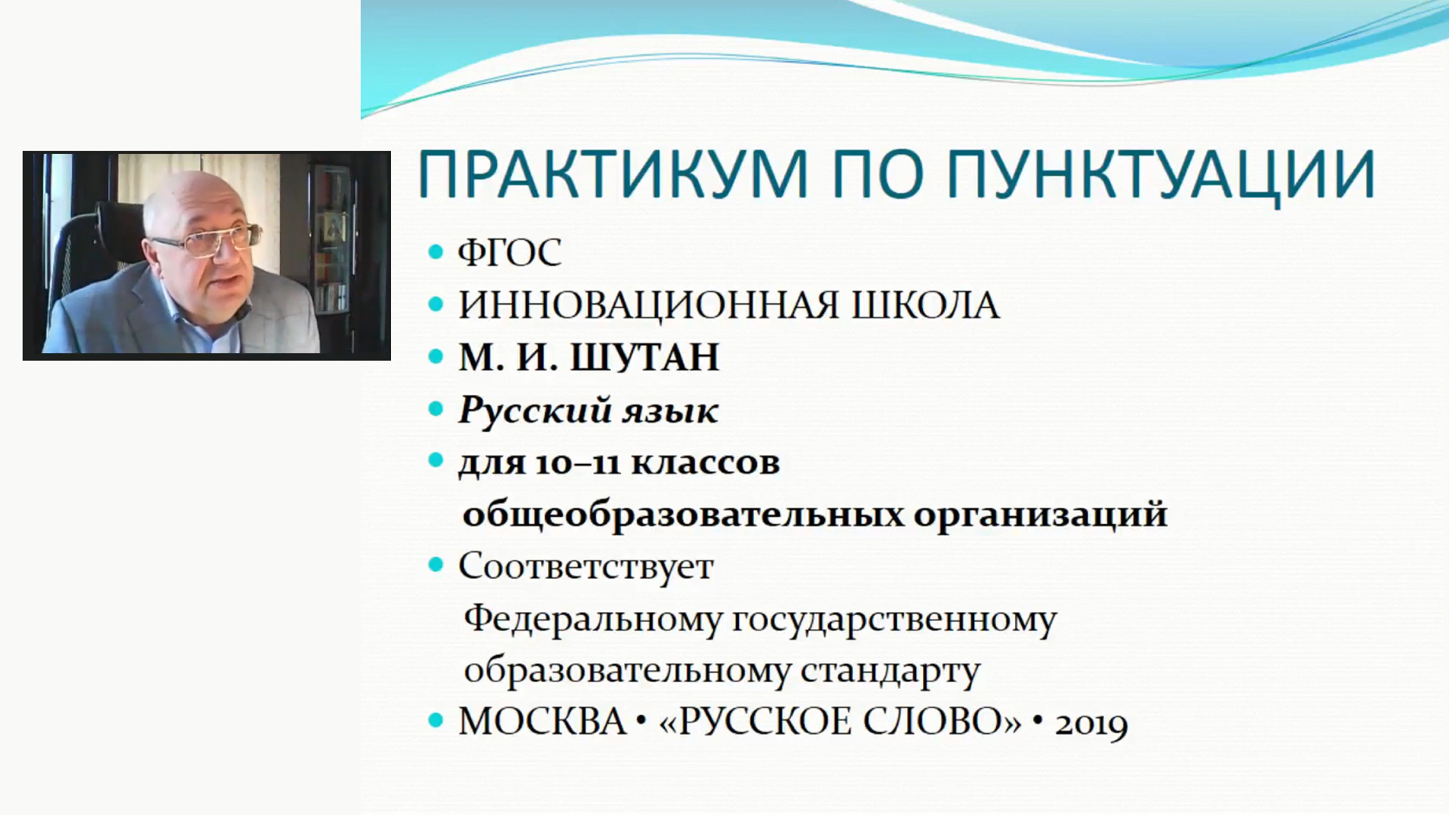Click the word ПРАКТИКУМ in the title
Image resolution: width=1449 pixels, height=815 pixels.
tap(612, 174)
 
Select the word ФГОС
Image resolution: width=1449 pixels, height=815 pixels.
tap(509, 253)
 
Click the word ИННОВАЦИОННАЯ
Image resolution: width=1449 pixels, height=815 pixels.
tap(648, 306)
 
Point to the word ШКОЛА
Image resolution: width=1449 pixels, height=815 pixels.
tap(925, 306)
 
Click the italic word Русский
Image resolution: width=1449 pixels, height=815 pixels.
tap(535, 411)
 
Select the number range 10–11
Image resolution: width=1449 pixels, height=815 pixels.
tap(576, 463)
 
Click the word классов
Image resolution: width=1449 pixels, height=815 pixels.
tap(705, 463)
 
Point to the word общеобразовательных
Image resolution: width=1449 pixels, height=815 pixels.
tap(683, 515)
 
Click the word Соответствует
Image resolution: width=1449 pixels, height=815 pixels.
tap(586, 566)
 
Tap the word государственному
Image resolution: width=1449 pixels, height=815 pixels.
tap(894, 620)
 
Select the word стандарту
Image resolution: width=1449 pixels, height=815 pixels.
tap(890, 672)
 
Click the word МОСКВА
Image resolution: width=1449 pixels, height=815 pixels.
tap(542, 721)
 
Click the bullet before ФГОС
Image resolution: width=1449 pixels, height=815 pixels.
tap(435, 252)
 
